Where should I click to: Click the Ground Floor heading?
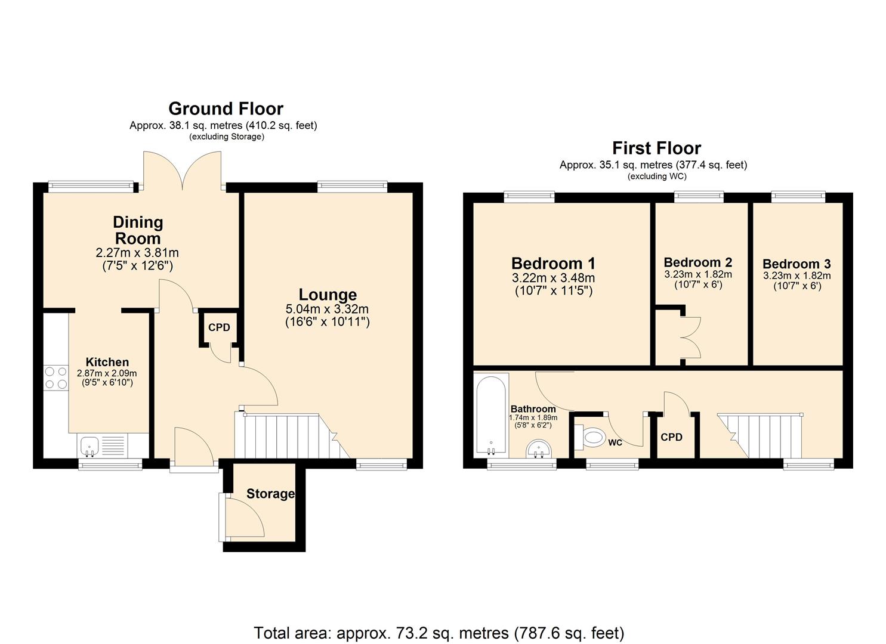point(226,109)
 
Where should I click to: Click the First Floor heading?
point(656,148)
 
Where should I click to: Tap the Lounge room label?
point(328,295)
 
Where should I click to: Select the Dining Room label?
point(138,230)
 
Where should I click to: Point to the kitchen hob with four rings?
point(55,377)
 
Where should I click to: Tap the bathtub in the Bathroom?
point(492,415)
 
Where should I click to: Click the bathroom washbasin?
point(541,449)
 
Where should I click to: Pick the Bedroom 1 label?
point(553,263)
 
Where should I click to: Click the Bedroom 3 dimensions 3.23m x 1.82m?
point(797,275)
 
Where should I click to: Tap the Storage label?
point(270,494)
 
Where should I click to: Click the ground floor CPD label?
point(219,327)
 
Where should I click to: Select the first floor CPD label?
point(671,437)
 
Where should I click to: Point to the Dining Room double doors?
point(182,170)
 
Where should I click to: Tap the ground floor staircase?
point(286,436)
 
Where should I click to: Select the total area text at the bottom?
point(439,632)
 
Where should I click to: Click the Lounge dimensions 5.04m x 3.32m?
point(328,309)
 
